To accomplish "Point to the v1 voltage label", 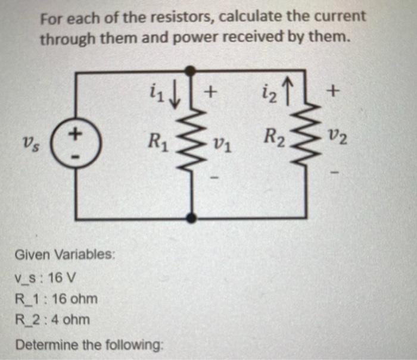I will tap(220, 143).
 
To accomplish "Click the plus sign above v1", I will tap(211, 92).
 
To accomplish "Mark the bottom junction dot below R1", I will tap(191, 218).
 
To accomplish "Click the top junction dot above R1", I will tap(191, 71).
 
